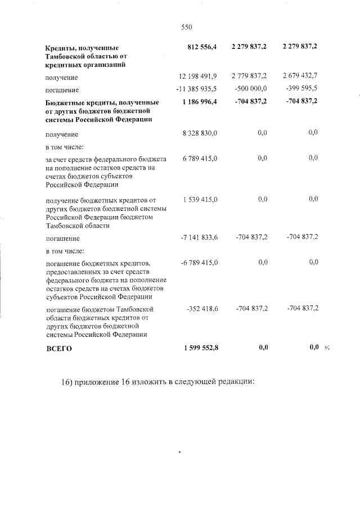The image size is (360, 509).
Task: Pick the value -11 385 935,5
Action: pyautogui.click(x=197, y=89)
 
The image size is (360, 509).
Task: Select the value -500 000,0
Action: pyautogui.click(x=251, y=89)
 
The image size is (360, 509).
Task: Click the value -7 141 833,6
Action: pyautogui.click(x=199, y=237)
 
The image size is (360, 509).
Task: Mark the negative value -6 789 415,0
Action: pyautogui.click(x=199, y=263)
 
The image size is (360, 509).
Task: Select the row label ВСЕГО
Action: pyautogui.click(x=59, y=349)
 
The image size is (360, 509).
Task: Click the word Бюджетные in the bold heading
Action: pyautogui.click(x=65, y=102)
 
